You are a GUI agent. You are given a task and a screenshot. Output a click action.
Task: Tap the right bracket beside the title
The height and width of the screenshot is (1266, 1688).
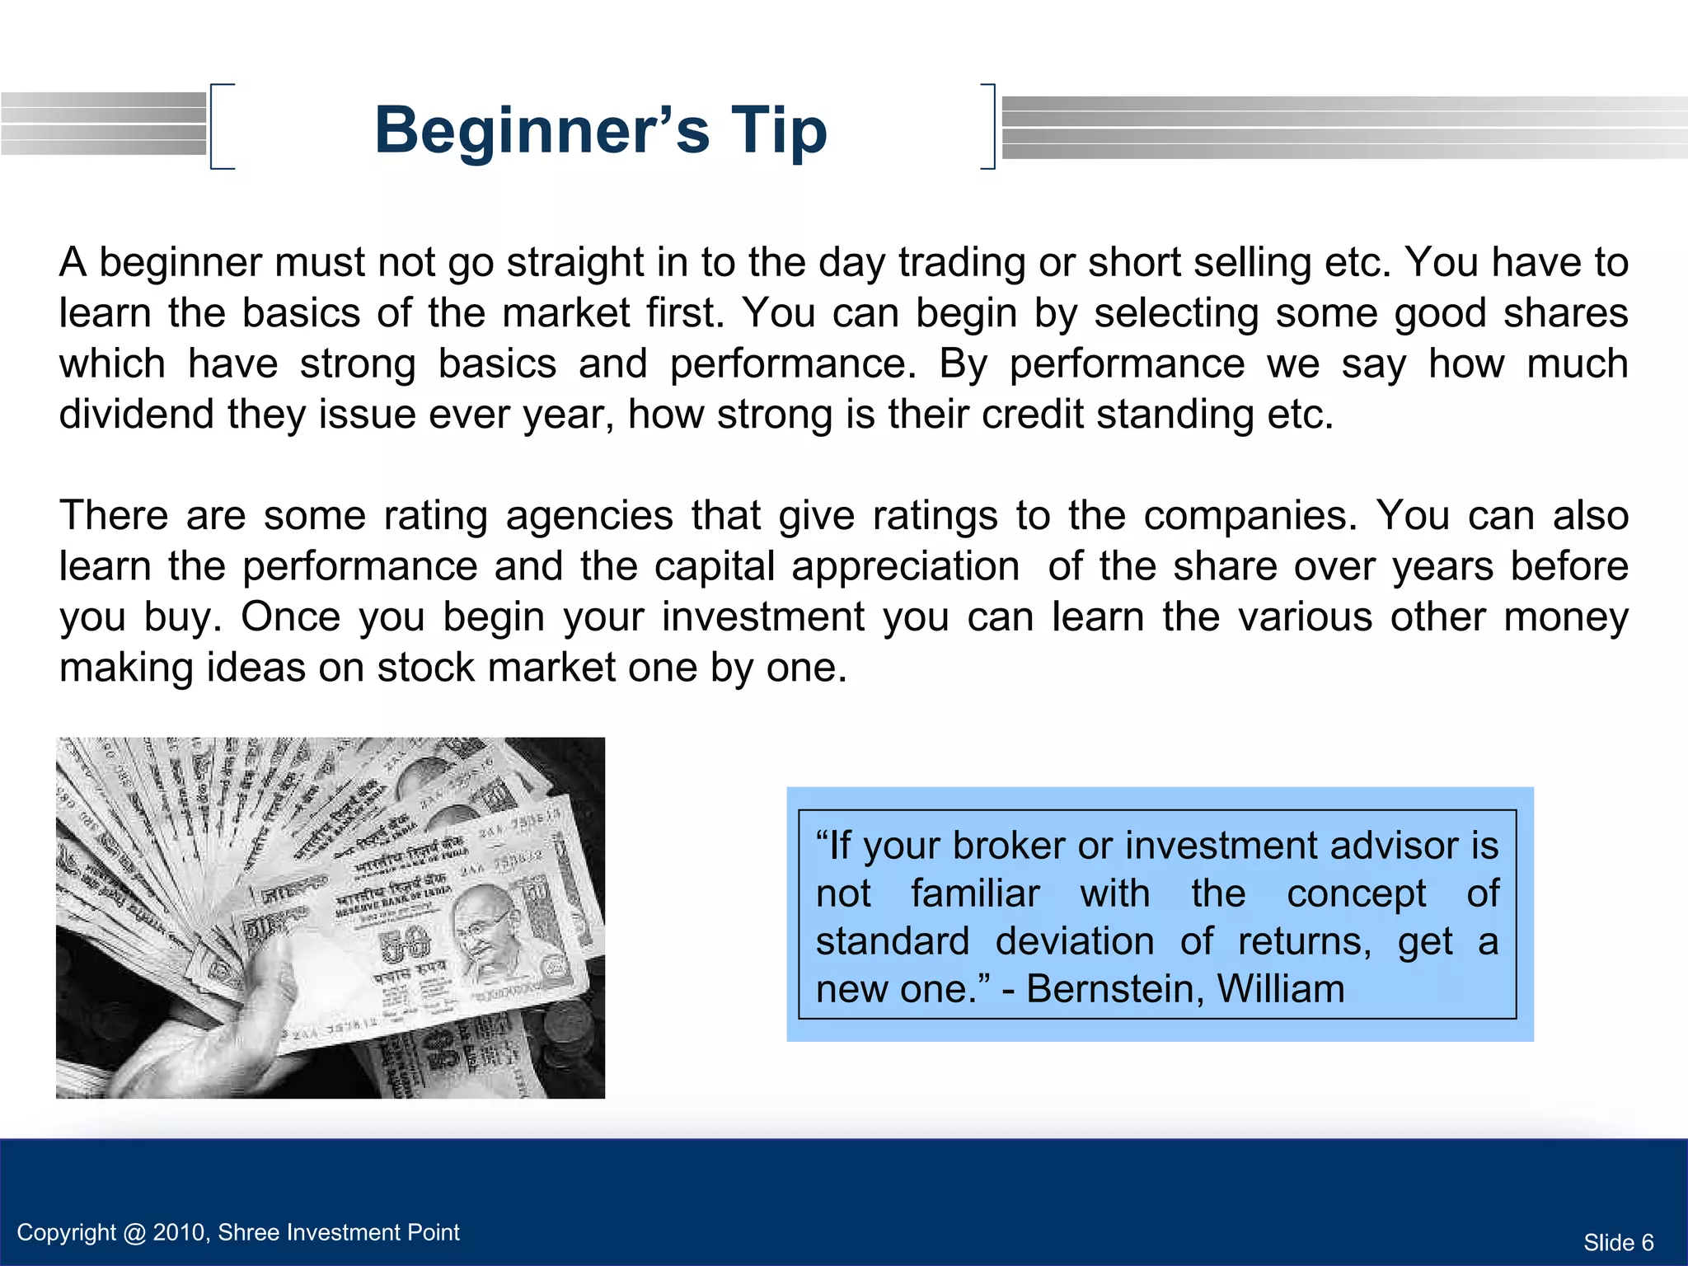click(989, 126)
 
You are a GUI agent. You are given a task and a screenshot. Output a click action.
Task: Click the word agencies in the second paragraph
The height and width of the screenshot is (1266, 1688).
click(589, 516)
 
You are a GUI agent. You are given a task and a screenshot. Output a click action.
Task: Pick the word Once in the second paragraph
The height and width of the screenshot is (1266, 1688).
click(290, 617)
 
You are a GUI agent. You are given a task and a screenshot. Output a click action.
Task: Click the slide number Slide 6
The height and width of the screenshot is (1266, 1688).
click(1618, 1242)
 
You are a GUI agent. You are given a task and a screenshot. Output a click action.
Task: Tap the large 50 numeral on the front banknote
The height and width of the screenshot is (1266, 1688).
click(404, 947)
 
